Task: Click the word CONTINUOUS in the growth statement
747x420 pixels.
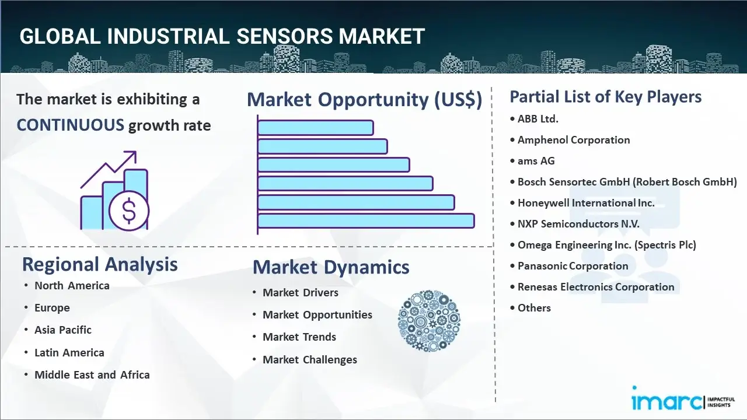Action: tap(71, 125)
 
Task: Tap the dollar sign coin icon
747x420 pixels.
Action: tap(129, 211)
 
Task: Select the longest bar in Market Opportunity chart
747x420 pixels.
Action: tap(366, 221)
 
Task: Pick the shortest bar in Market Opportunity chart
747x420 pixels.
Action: tap(316, 128)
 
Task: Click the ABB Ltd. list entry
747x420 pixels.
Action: tap(537, 118)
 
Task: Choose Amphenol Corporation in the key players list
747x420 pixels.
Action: tap(574, 140)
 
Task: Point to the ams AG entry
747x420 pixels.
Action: tap(536, 161)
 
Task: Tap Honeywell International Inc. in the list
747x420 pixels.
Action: tap(586, 203)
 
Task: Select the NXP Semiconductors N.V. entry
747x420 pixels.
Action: tap(578, 224)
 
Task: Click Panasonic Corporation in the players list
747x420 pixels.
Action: tap(573, 266)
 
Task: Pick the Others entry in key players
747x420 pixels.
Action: tap(534, 308)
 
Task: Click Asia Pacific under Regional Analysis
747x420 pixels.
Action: tap(62, 330)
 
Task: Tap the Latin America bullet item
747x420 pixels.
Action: tap(69, 353)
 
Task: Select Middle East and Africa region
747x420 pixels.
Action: tap(92, 375)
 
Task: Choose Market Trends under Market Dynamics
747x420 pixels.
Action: tap(299, 337)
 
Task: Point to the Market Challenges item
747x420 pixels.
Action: tap(310, 360)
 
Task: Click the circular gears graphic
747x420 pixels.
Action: tap(429, 321)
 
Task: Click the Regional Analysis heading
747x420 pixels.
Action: tap(100, 265)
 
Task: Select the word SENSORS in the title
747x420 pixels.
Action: tap(284, 36)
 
